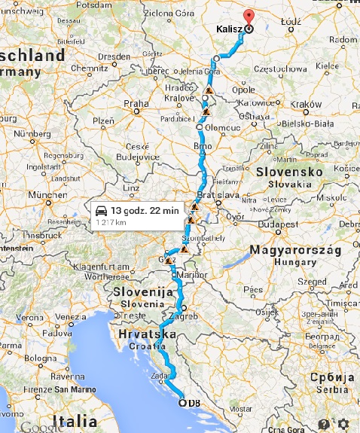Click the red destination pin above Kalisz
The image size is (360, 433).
249,18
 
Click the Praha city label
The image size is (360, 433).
136,103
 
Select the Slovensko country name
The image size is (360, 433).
289,172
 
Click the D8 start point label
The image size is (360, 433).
194,404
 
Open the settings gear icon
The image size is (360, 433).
344,424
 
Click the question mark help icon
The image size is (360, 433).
324,424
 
